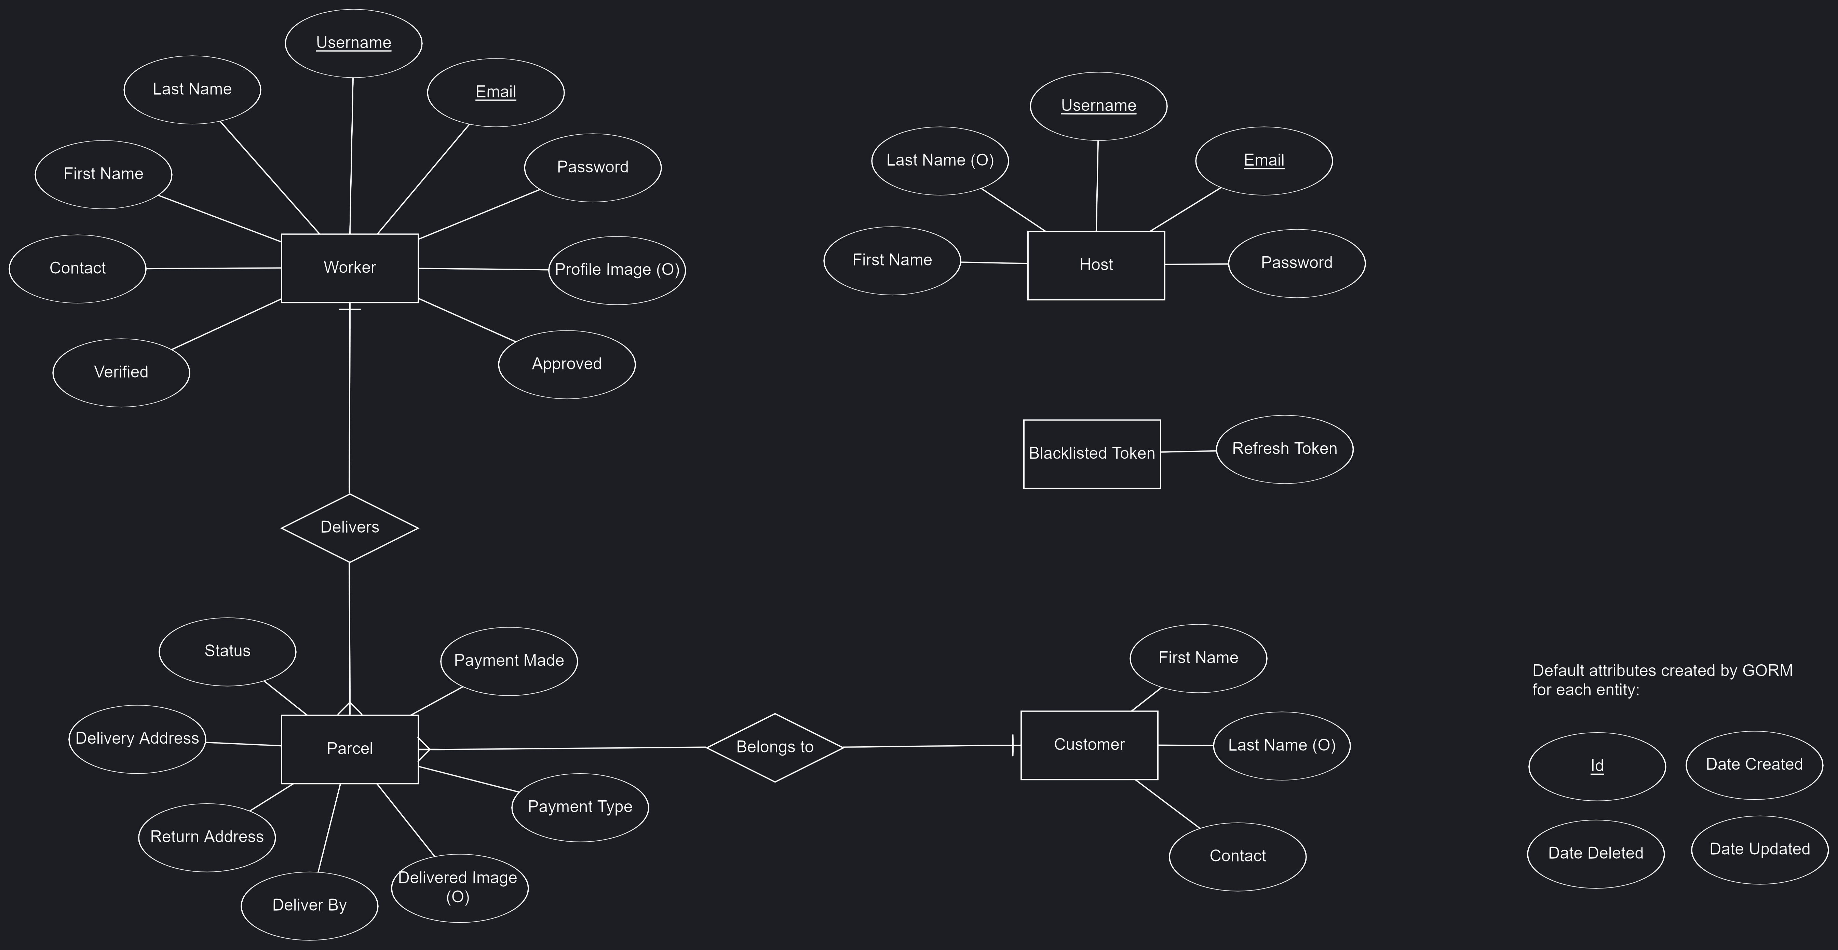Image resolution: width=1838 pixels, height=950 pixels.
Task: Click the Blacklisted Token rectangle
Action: pyautogui.click(x=1092, y=453)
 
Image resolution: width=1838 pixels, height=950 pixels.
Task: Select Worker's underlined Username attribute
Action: pyautogui.click(x=353, y=43)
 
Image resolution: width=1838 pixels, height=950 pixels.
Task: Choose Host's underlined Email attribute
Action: pyautogui.click(x=1263, y=161)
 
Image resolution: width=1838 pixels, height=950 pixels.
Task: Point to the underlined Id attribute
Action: pyautogui.click(x=1597, y=766)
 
